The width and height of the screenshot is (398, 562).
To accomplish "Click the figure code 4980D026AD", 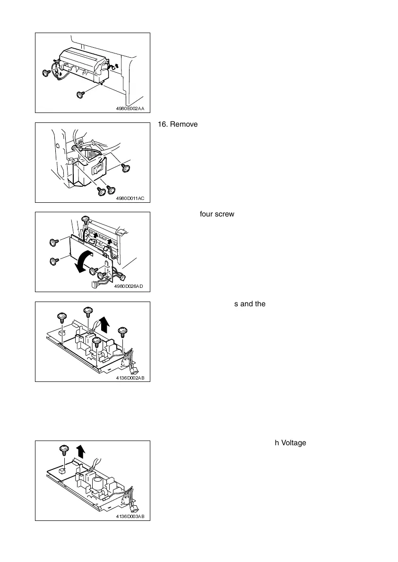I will [129, 287].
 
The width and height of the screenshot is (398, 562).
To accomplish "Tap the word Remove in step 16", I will [182, 124].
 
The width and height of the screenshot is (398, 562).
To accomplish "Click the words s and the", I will [250, 303].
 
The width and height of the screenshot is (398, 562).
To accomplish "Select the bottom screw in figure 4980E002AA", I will [80, 95].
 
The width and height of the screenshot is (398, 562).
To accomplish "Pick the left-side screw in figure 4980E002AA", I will [46, 73].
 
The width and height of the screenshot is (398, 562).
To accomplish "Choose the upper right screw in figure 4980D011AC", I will [126, 167].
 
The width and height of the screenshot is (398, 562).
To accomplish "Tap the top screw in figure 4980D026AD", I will [86, 219].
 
